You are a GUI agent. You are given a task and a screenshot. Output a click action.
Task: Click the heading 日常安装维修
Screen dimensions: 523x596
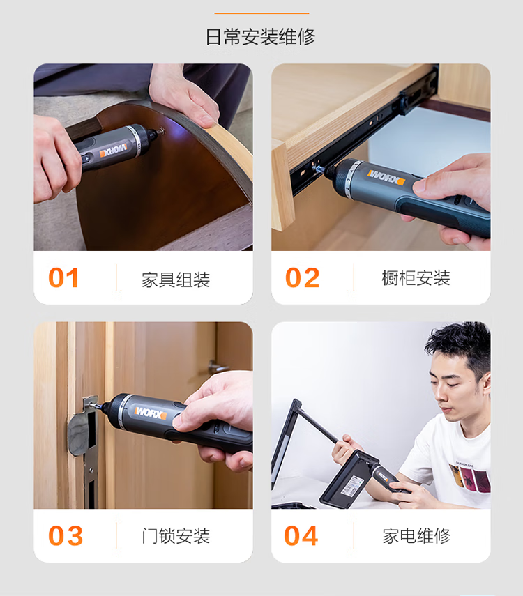(x=261, y=37)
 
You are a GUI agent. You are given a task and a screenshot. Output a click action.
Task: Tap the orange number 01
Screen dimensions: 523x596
(x=63, y=278)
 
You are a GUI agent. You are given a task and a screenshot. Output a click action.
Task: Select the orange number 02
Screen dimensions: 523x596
(x=303, y=278)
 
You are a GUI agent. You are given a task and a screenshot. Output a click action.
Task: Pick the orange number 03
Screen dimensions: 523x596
(x=66, y=536)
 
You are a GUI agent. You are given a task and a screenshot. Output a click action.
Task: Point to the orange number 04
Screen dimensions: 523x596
(x=301, y=536)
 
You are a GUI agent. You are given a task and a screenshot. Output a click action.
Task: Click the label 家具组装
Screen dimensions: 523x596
(x=176, y=280)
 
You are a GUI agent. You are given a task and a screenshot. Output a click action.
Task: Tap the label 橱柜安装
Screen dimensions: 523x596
(x=416, y=278)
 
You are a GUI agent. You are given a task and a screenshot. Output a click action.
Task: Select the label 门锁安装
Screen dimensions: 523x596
(x=176, y=536)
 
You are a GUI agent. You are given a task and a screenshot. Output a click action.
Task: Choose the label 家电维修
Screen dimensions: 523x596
(x=416, y=536)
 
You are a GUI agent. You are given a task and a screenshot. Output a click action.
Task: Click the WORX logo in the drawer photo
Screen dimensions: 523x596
(x=386, y=178)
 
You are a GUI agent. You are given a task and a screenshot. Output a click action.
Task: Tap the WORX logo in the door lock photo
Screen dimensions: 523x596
(x=151, y=413)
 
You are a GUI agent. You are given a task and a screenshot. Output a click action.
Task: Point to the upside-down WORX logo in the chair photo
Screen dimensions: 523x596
(x=113, y=150)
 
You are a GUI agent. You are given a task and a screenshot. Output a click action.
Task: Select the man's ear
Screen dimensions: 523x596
(x=485, y=383)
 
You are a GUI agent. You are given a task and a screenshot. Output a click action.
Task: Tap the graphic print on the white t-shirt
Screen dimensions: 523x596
(x=470, y=475)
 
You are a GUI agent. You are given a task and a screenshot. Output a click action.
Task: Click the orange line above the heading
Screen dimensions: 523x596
(x=261, y=13)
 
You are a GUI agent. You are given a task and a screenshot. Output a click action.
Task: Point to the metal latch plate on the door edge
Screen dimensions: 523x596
(x=86, y=452)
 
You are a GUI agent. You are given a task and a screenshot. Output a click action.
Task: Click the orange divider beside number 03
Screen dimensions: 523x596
(x=116, y=535)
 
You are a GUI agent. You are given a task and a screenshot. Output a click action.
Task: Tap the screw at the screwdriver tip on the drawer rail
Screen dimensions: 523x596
(x=317, y=167)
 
